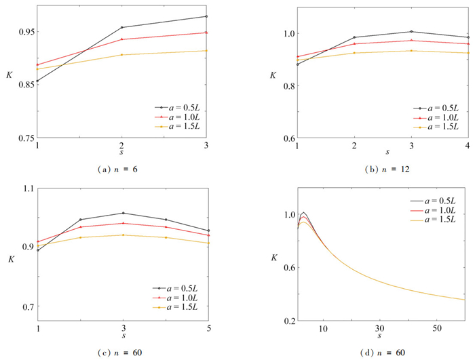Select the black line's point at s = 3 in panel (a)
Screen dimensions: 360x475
point(206,16)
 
